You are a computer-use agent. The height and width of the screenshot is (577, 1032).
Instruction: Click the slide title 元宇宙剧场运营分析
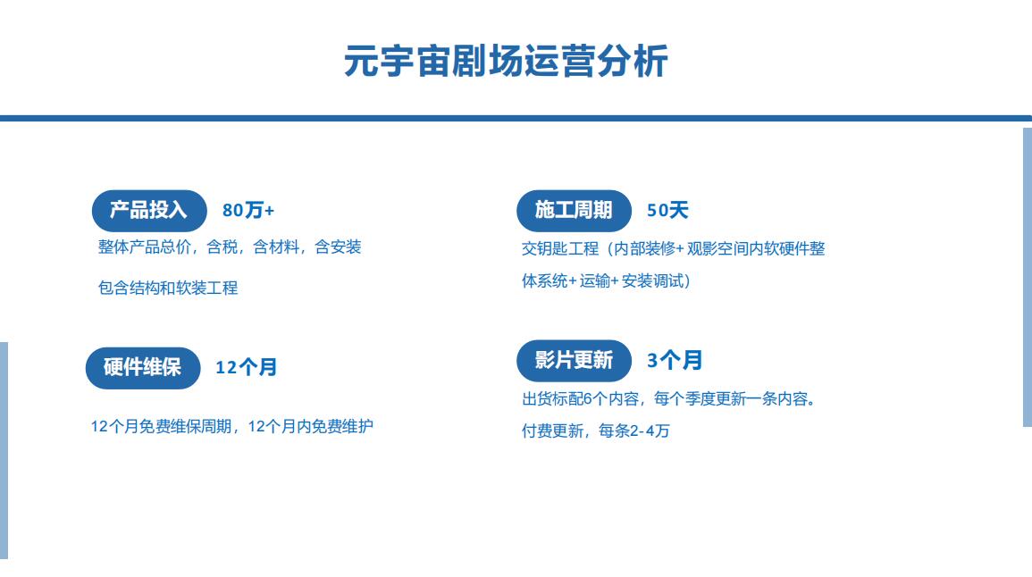[x=506, y=62]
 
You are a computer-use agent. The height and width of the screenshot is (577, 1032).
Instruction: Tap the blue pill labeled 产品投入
[x=149, y=211]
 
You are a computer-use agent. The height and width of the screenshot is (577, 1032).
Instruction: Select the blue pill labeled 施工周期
[x=574, y=211]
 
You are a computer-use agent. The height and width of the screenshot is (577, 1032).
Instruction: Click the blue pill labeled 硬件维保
[x=143, y=368]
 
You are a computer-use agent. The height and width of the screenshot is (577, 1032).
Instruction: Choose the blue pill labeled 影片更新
[x=574, y=361]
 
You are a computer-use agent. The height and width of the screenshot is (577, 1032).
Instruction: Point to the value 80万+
[x=248, y=211]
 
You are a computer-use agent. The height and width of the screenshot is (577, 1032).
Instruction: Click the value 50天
[x=667, y=211]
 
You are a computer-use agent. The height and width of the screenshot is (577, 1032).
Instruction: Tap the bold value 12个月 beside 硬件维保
[x=246, y=367]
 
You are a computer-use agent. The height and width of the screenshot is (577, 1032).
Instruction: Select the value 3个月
[x=675, y=361]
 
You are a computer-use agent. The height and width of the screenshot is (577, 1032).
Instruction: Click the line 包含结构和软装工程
[x=168, y=288]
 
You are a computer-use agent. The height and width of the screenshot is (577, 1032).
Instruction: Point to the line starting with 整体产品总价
[x=230, y=247]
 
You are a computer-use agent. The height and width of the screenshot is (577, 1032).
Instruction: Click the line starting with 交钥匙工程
[x=674, y=248]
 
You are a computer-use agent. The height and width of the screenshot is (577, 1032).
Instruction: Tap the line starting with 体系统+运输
[x=606, y=281]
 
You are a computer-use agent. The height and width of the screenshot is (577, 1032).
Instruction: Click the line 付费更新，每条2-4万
[x=596, y=431]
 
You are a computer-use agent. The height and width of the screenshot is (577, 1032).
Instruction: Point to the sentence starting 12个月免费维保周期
[x=231, y=426]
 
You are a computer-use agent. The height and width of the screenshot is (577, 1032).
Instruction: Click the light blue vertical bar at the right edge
[x=1028, y=277]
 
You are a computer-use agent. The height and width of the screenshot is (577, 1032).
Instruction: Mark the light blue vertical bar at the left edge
[x=4, y=451]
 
